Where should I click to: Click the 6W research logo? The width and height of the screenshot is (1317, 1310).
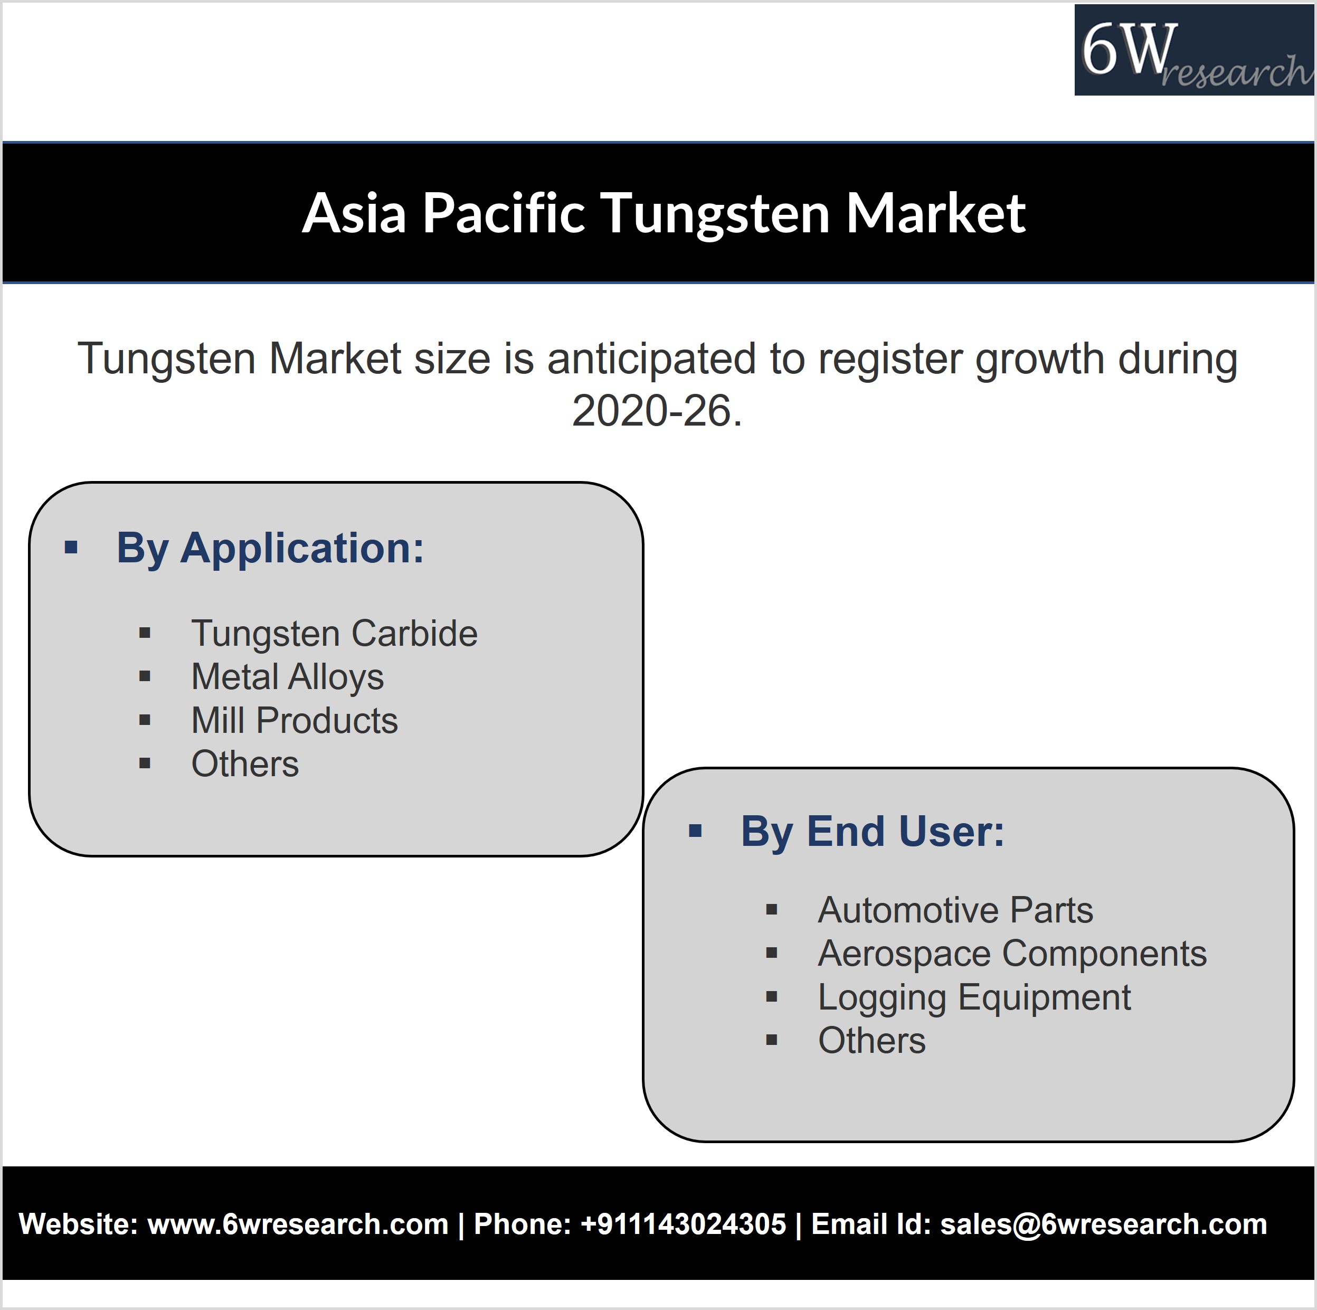[x=1195, y=50]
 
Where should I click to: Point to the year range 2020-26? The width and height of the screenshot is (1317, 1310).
[x=657, y=411]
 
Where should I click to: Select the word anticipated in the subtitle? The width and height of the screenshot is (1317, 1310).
[x=652, y=360]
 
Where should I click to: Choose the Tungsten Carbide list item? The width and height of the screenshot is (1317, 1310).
[x=335, y=634]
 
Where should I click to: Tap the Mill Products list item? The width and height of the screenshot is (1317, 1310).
[x=295, y=721]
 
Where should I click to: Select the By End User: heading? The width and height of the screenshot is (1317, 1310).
[x=873, y=833]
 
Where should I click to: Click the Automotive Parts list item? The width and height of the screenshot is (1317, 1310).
[x=955, y=910]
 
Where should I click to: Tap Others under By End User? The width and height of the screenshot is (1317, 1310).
[x=872, y=1041]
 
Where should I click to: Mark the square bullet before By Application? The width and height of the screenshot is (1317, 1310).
[x=71, y=548]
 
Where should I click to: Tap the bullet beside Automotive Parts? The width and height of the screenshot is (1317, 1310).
[x=772, y=910]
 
